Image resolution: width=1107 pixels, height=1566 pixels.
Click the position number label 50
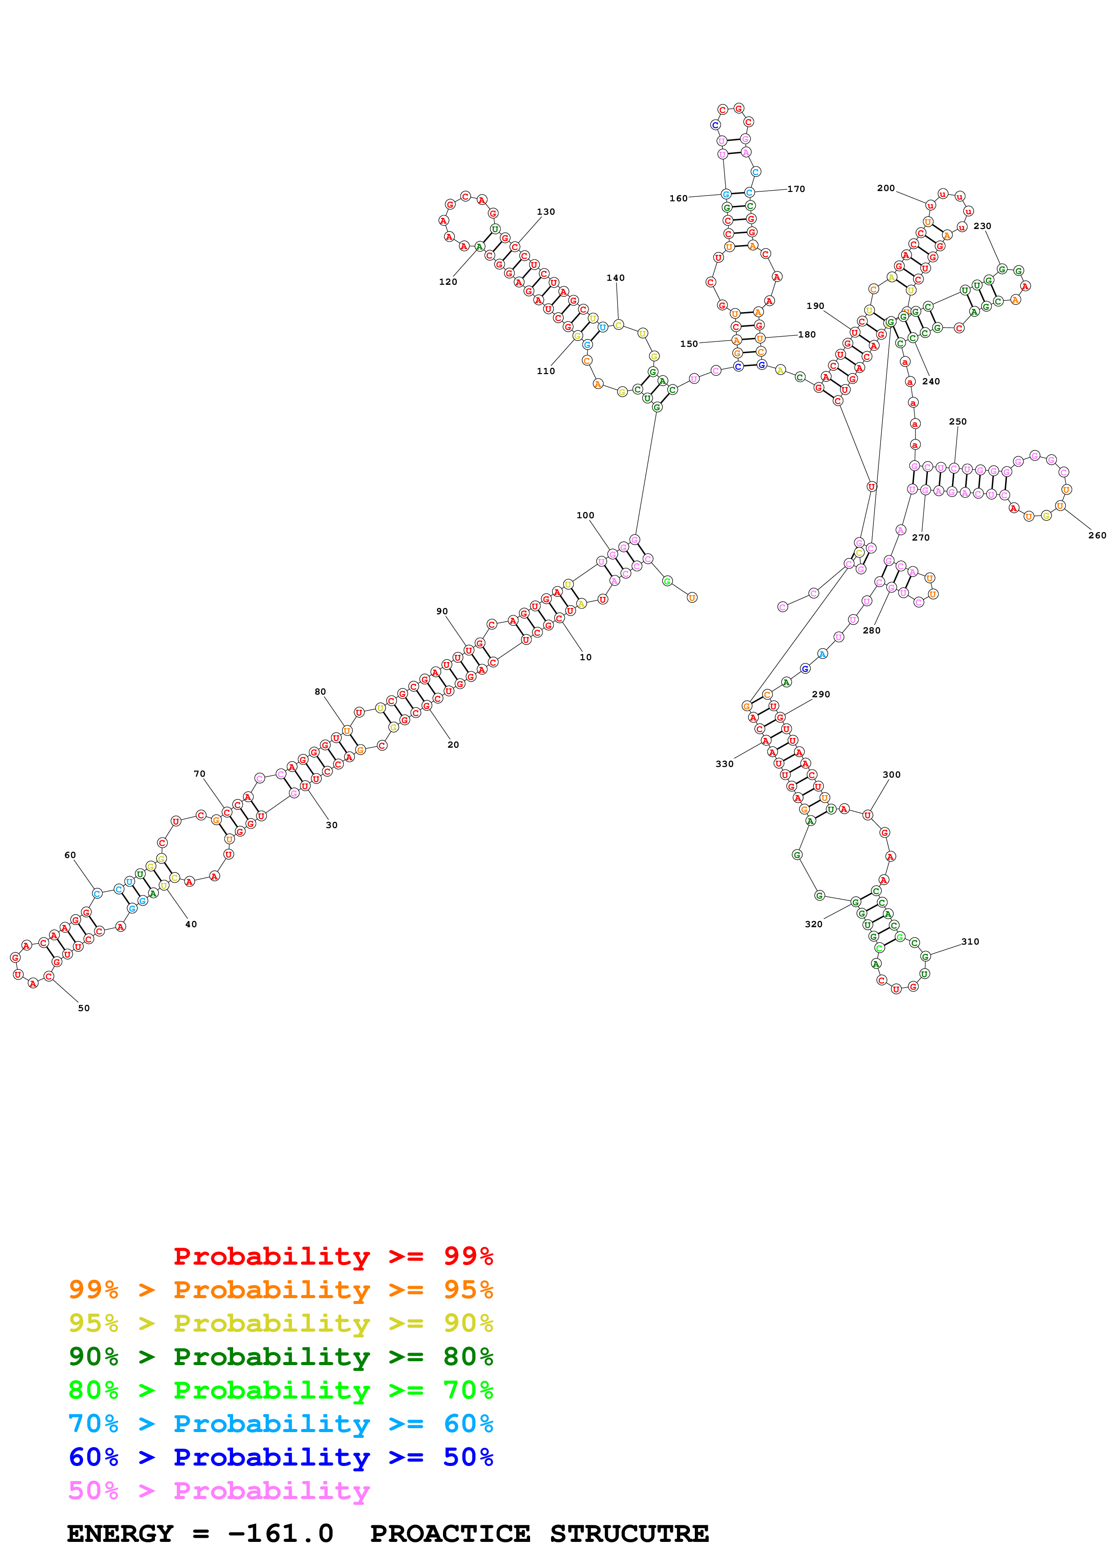(84, 1008)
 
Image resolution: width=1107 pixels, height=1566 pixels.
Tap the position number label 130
(546, 212)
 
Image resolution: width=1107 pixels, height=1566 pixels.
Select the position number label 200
(886, 188)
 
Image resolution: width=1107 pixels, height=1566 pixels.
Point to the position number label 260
(1097, 535)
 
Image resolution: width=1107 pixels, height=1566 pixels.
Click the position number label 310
(970, 942)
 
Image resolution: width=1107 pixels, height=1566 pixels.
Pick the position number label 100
(585, 516)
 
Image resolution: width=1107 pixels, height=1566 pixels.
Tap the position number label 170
(796, 189)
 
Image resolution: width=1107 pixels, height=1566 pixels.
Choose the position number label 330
(724, 764)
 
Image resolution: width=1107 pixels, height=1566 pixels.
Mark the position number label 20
(453, 745)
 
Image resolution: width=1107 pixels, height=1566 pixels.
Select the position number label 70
(199, 774)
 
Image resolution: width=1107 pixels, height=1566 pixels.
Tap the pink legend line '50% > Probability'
(219, 1491)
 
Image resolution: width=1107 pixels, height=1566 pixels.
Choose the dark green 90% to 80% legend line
(281, 1357)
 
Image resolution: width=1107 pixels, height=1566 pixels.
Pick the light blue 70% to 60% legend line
(281, 1424)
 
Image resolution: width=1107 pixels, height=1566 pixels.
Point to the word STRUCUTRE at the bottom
(629, 1534)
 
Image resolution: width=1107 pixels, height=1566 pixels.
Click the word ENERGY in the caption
(120, 1534)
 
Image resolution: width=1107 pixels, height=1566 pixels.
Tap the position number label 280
(871, 631)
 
